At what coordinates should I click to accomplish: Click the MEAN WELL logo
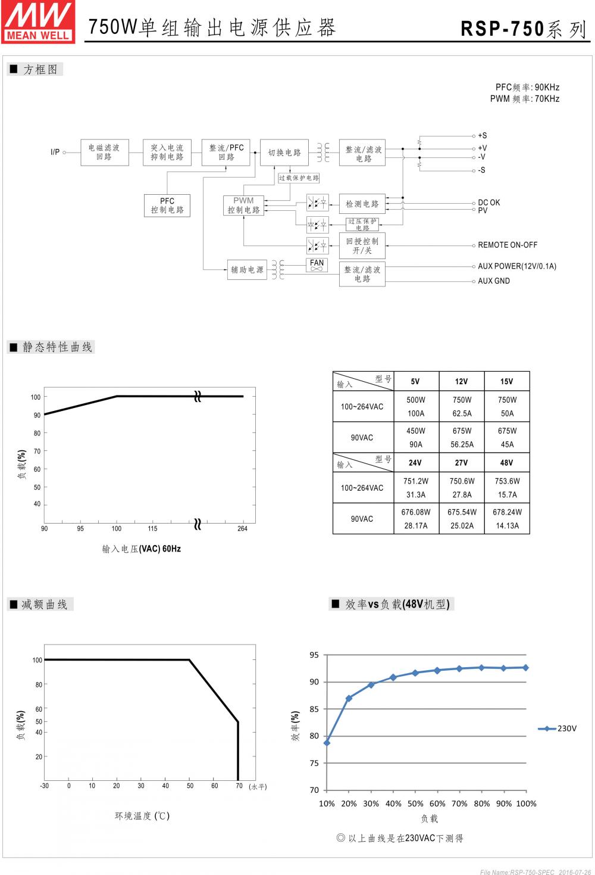[x=38, y=21]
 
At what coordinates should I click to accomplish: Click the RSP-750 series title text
[x=523, y=29]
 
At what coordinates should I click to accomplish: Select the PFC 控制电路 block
[x=167, y=205]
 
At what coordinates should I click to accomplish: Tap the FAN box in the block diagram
[x=317, y=265]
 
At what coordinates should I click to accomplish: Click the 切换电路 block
[x=284, y=152]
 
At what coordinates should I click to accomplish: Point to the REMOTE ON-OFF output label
[x=508, y=245]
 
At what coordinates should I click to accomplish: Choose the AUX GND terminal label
[x=494, y=281]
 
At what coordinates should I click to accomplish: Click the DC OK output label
[x=489, y=203]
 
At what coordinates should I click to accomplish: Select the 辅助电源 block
[x=247, y=270]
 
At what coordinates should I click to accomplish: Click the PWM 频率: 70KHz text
[x=525, y=99]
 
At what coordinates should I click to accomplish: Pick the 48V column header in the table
[x=506, y=463]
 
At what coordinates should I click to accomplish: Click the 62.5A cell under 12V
[x=462, y=413]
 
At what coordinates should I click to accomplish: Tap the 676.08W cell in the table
[x=416, y=512]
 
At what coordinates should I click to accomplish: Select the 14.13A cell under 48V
[x=507, y=526]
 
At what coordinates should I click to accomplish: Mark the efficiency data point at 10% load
[x=327, y=743]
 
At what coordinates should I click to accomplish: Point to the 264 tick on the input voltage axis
[x=242, y=529]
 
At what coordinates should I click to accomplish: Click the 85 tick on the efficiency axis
[x=314, y=709]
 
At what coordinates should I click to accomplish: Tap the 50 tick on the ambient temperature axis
[x=190, y=786]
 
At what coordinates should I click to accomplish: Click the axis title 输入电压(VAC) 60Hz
[x=142, y=549]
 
